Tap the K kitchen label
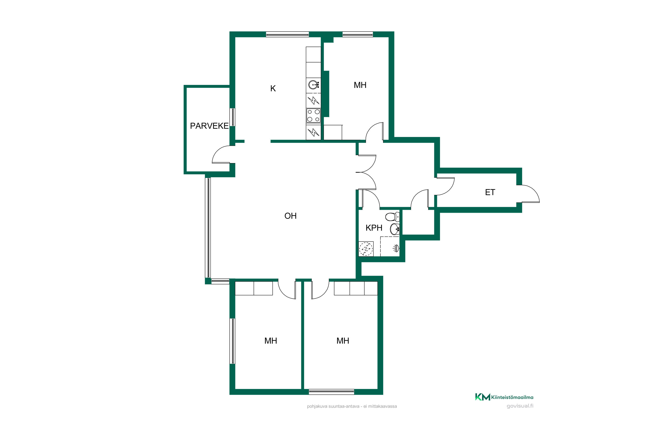[x=273, y=88]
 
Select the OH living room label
[x=291, y=216]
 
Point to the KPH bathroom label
[x=374, y=228]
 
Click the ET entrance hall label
[x=490, y=192]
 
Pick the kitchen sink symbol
[x=313, y=85]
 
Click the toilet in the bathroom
[x=393, y=217]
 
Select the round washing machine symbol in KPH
[x=366, y=249]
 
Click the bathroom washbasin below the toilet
[x=395, y=229]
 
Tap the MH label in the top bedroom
[x=360, y=85]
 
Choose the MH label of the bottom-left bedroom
[x=271, y=341]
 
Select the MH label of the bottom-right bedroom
[x=343, y=341]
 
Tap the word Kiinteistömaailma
[x=512, y=397]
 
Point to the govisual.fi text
[x=520, y=406]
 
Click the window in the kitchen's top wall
[x=287, y=34]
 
